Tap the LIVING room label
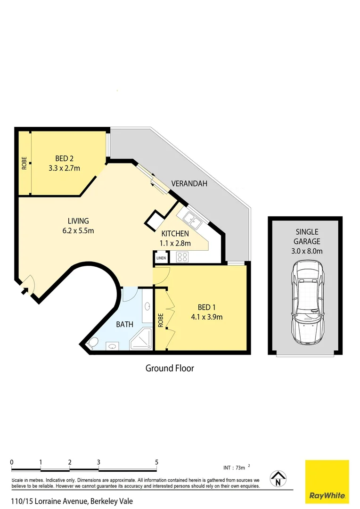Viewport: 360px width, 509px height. click(78, 221)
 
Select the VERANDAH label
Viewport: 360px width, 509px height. click(189, 183)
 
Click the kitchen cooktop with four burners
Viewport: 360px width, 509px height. click(182, 256)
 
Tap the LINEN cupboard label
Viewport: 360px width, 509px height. click(161, 258)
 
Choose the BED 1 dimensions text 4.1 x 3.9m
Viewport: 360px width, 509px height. click(206, 317)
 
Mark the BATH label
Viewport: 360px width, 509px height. click(125, 324)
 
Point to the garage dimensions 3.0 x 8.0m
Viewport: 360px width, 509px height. click(307, 251)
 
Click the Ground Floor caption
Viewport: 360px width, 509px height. click(169, 368)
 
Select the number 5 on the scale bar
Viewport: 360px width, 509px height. click(157, 462)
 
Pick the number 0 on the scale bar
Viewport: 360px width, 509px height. click(12, 462)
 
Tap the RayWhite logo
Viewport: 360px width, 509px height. click(327, 481)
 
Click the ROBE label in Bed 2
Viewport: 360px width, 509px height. click(24, 163)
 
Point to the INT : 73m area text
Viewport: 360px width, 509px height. click(236, 468)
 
